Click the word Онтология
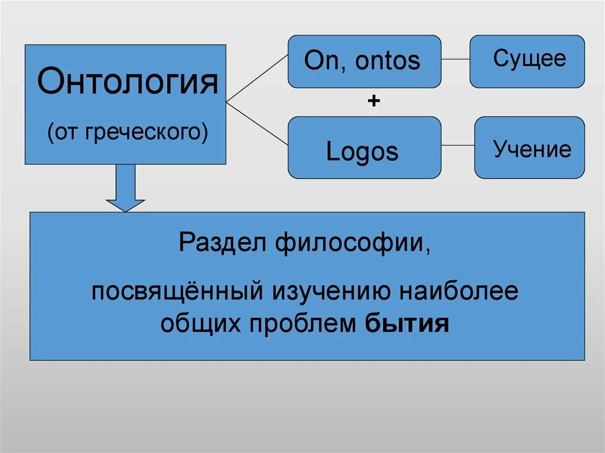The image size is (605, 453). (x=128, y=82)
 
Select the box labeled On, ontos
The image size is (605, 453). (x=364, y=61)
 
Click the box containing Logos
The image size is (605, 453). (x=364, y=148)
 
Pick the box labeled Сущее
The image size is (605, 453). (x=527, y=61)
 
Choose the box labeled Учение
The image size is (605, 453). (x=529, y=148)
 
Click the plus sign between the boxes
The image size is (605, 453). (x=373, y=102)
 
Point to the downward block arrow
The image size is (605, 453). (x=125, y=188)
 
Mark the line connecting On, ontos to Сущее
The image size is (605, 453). (x=456, y=60)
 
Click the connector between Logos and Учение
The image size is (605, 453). (x=458, y=145)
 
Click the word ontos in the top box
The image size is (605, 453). (x=388, y=61)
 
